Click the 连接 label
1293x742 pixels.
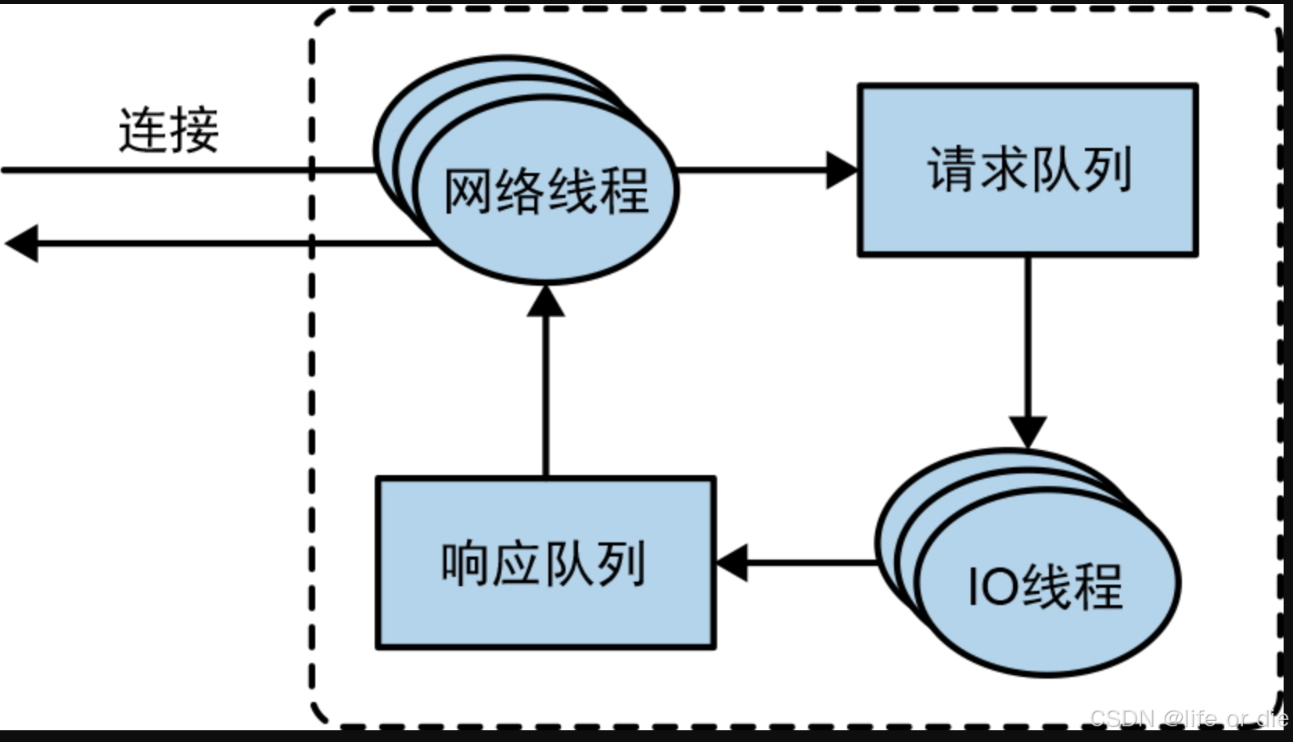169,130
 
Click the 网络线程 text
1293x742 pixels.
546,190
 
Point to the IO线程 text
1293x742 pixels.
1046,585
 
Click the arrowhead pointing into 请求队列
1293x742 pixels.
842,170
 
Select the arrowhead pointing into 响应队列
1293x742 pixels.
732,562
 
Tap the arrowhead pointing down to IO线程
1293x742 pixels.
1028,431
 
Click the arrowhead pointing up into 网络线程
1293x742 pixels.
545,301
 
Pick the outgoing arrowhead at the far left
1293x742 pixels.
22,243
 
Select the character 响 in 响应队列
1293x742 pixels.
466,564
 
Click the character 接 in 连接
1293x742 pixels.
194,130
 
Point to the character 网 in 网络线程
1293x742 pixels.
469,190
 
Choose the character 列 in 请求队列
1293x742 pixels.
1106,169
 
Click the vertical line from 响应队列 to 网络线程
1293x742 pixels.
545,391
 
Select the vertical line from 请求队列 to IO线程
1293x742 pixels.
1028,337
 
